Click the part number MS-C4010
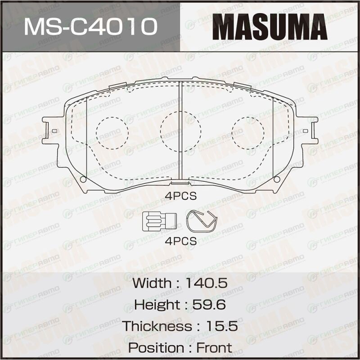pyautogui.click(x=91, y=27)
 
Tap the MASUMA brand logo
pyautogui.click(x=270, y=27)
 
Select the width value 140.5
pyautogui.click(x=207, y=283)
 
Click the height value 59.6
pyautogui.click(x=209, y=305)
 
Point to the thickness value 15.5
pyautogui.click(x=222, y=326)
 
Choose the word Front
pyautogui.click(x=214, y=347)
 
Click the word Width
pyautogui.click(x=152, y=283)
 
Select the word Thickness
pyautogui.click(x=157, y=326)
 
